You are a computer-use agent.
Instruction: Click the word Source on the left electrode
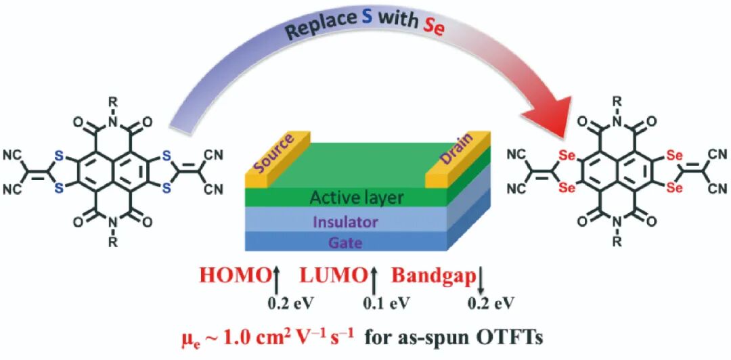tap(275, 156)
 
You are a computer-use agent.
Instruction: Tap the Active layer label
tap(357, 198)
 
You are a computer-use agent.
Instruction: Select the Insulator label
tap(355, 222)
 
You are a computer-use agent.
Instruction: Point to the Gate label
tap(346, 242)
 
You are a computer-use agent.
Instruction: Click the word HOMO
tap(234, 276)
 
